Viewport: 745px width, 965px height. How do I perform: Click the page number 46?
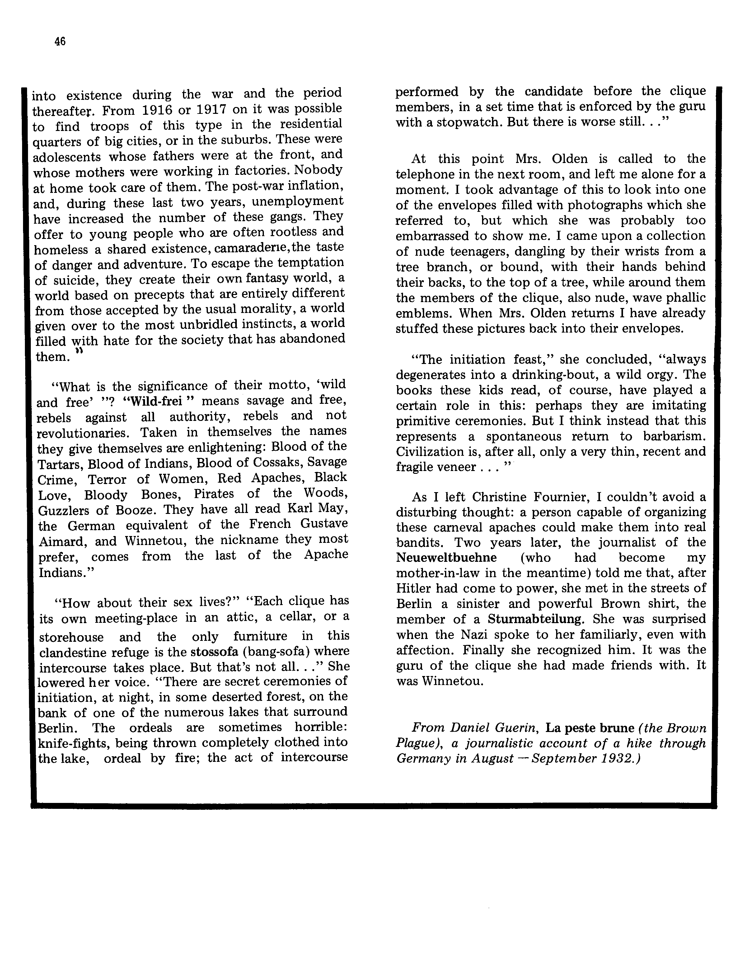click(60, 42)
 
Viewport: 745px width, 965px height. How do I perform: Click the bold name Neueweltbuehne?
click(446, 557)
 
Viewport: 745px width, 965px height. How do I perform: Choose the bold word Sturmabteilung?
click(535, 619)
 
